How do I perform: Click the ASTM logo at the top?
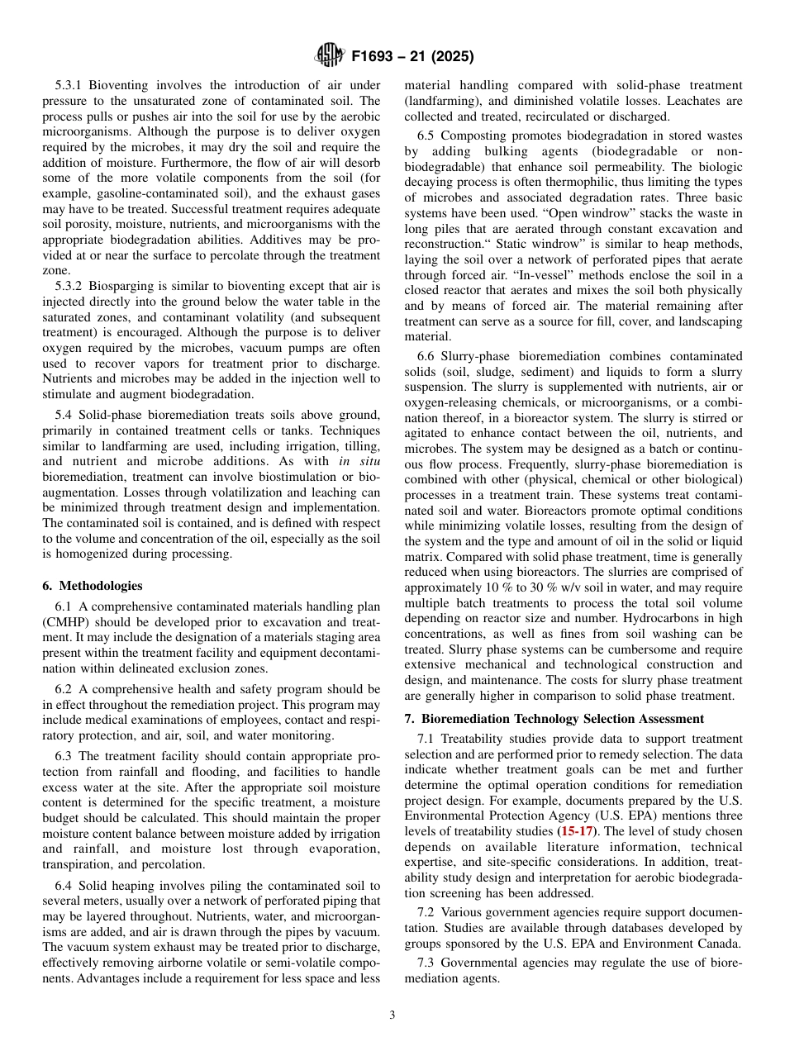(331, 56)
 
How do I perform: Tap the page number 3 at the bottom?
(392, 1015)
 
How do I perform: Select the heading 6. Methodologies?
(92, 586)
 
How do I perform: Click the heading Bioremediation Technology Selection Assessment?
(561, 719)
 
